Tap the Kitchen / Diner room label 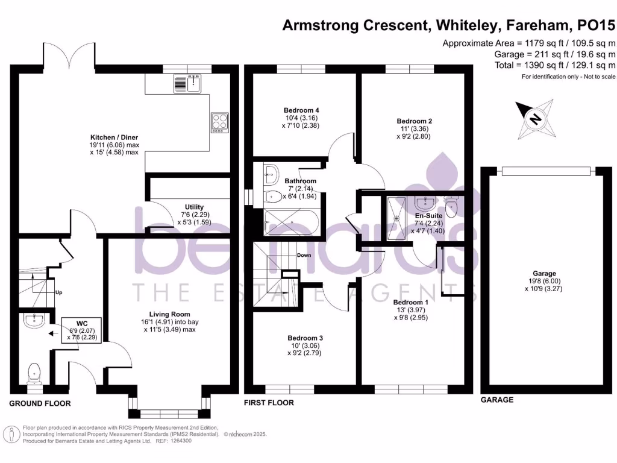[x=114, y=137]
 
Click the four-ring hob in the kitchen [x=219, y=122]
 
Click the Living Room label [x=170, y=314]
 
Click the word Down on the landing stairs [x=304, y=255]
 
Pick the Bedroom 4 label [x=301, y=110]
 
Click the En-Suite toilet [x=453, y=205]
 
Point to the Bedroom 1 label [x=410, y=302]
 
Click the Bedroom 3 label [x=305, y=338]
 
